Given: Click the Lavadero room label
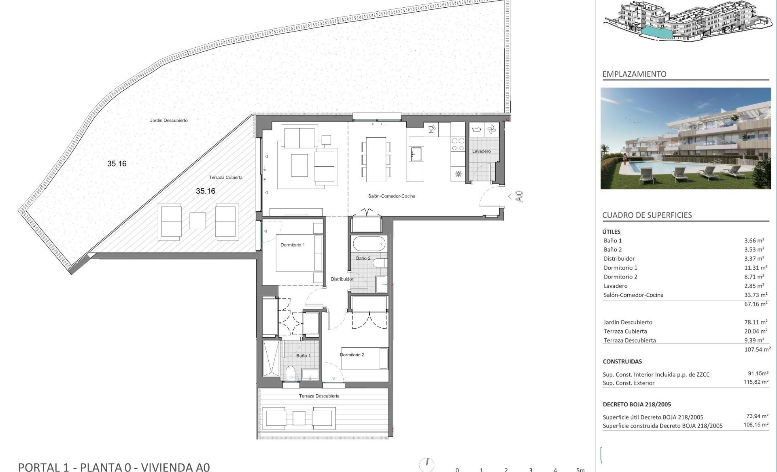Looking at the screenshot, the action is [481, 151].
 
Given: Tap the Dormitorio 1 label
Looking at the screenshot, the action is [293, 245].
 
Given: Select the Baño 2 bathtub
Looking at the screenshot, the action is [369, 244].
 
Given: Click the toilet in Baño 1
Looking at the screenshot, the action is [291, 373].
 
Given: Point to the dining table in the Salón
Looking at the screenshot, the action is [376, 159].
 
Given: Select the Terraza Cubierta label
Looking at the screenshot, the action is [225, 177].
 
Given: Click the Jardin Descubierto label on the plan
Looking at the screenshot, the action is [169, 120].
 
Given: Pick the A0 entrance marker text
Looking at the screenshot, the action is [520, 196].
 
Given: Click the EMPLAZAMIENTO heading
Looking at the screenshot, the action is [634, 74].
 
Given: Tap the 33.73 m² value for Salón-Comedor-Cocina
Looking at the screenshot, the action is [756, 295].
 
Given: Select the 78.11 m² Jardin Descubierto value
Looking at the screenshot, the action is [756, 322].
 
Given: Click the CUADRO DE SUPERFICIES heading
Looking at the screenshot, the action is [647, 215].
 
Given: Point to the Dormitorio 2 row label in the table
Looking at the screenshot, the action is [620, 277].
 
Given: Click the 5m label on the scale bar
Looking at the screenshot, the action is [580, 470].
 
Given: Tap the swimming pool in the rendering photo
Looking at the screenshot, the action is [680, 166].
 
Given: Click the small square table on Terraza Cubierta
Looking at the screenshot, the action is [197, 221].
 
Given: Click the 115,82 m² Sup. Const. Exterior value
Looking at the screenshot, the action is [756, 382].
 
